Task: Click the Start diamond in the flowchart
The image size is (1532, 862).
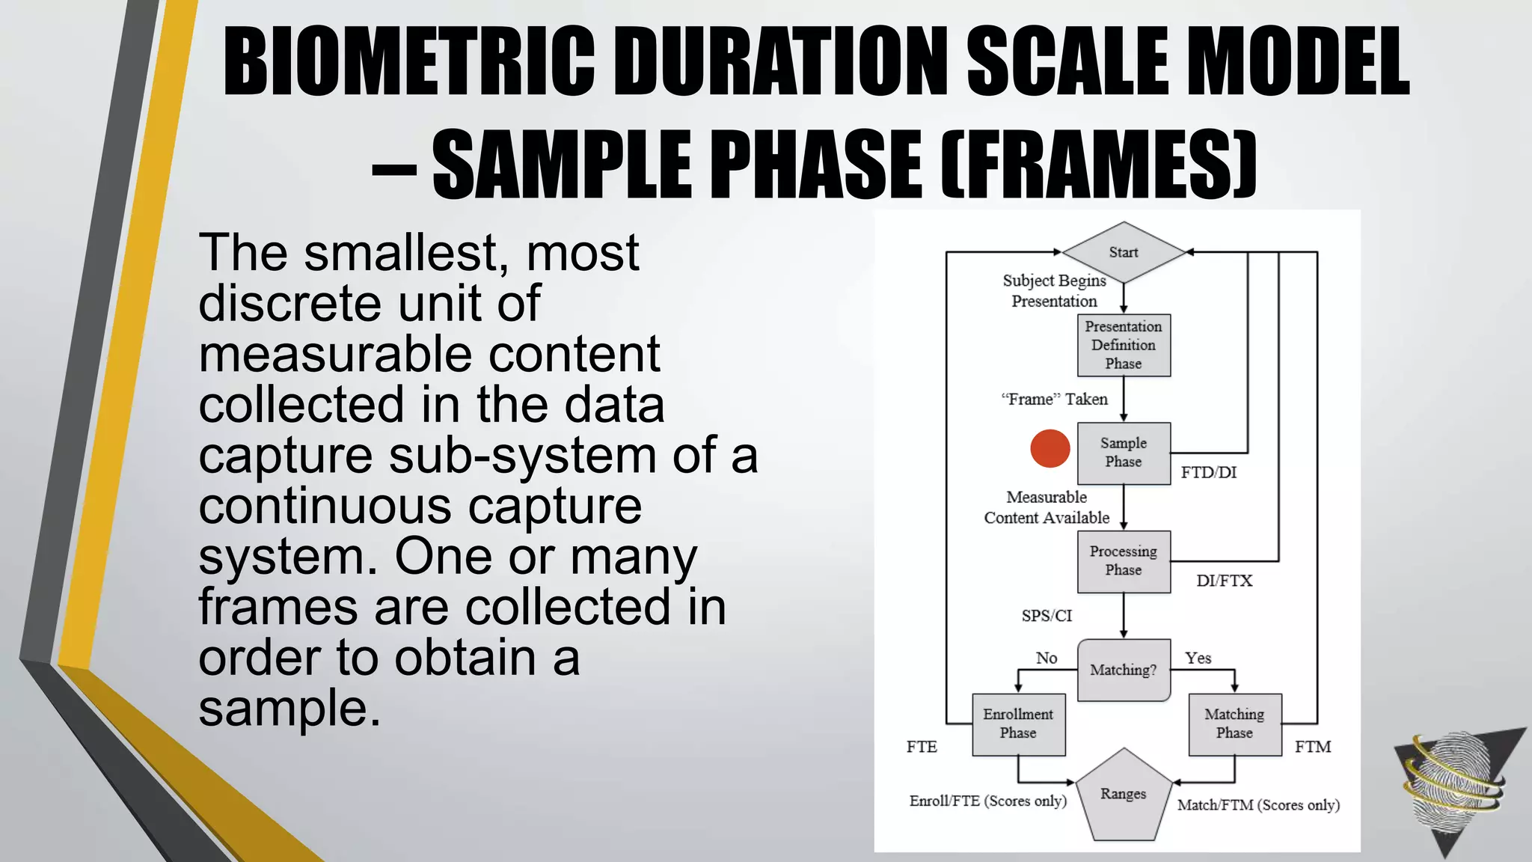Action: coord(1124,252)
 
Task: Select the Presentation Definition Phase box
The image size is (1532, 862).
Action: coord(1124,345)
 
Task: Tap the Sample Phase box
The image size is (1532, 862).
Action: coord(1124,453)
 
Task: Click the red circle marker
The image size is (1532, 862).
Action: coord(1050,449)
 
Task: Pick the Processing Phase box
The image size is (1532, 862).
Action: coord(1124,561)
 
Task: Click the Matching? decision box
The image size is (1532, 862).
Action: coord(1124,670)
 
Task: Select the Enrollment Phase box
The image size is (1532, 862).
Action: coord(1018,724)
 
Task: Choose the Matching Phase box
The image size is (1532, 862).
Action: coord(1234,724)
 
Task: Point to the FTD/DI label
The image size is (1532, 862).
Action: coord(1209,473)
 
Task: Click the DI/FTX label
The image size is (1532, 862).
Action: coord(1224,581)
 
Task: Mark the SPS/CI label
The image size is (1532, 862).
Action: coord(1047,616)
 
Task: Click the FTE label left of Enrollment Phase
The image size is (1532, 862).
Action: coord(922,747)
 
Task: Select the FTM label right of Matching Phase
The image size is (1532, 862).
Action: coord(1313,747)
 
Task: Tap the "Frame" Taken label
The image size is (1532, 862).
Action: coord(1054,400)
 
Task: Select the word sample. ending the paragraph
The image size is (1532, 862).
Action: coord(289,708)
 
